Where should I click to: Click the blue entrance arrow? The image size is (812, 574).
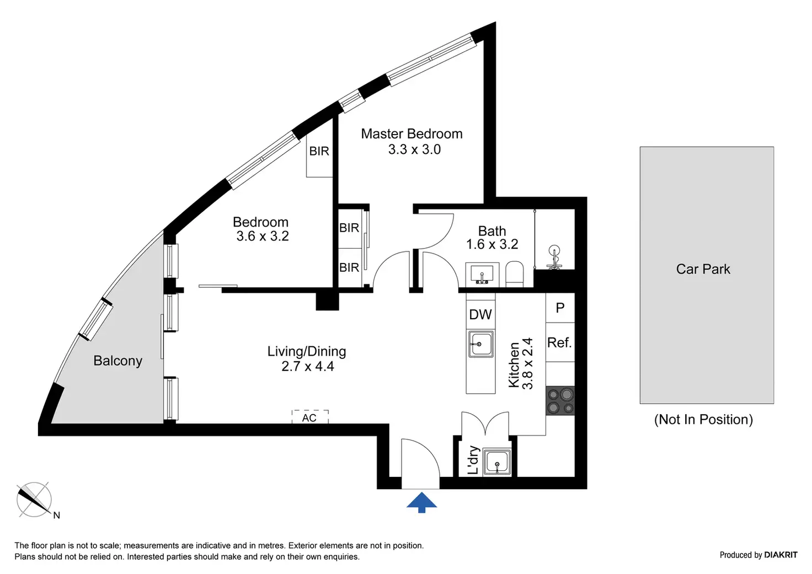(421, 502)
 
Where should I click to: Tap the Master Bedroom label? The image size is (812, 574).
(412, 134)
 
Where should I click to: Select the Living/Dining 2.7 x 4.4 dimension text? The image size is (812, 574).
(308, 366)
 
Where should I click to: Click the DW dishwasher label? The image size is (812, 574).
(480, 314)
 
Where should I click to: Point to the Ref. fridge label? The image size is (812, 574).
(559, 342)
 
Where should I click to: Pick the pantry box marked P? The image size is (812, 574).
(560, 308)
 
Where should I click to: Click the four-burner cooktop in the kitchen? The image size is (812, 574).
(560, 400)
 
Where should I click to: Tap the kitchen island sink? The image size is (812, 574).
(480, 344)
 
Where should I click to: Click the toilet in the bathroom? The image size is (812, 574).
(514, 274)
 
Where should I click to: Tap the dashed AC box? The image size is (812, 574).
(310, 417)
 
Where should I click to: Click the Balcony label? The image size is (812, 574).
(118, 361)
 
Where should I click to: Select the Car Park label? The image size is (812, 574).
(703, 269)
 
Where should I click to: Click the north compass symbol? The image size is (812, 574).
(34, 500)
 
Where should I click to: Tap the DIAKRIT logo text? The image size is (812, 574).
(781, 555)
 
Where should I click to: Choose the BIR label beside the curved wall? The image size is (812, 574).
(319, 151)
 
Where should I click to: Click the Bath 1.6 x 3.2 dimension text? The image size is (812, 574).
(492, 244)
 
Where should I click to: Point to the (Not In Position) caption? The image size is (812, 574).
(704, 419)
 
